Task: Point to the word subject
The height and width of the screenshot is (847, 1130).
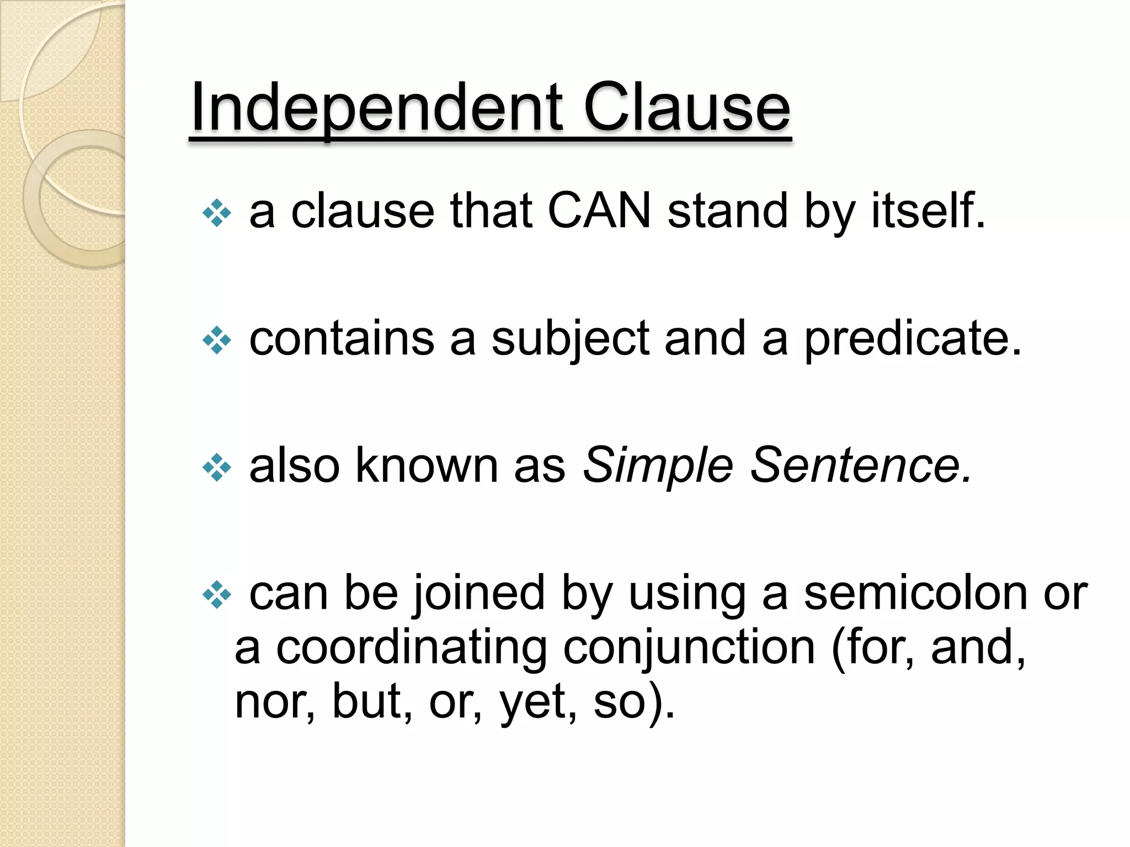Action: pos(569,339)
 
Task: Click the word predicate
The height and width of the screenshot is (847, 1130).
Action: pos(912,339)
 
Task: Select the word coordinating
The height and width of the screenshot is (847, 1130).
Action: pos(411,647)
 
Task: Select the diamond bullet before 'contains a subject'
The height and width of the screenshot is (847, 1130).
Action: pos(217,341)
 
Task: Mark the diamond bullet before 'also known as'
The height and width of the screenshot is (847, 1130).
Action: pos(217,468)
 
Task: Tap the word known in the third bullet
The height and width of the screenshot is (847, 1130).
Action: pos(427,465)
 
